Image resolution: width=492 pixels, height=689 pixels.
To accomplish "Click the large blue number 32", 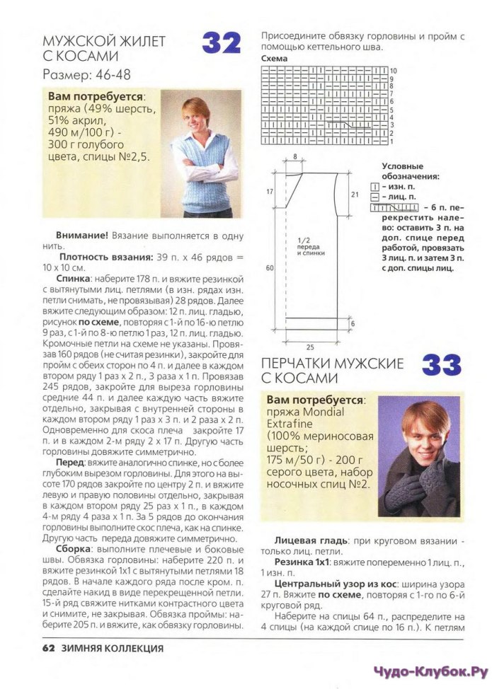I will (222, 44).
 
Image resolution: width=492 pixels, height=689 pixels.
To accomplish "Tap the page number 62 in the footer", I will (48, 648).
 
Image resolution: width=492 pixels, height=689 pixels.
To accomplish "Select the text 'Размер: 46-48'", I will (86, 74).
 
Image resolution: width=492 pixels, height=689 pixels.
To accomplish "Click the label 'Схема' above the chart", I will (275, 58).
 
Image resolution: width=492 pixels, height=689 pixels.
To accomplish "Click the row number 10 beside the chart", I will (394, 71).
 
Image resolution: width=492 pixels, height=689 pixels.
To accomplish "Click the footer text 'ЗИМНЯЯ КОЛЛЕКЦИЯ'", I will (113, 648).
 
